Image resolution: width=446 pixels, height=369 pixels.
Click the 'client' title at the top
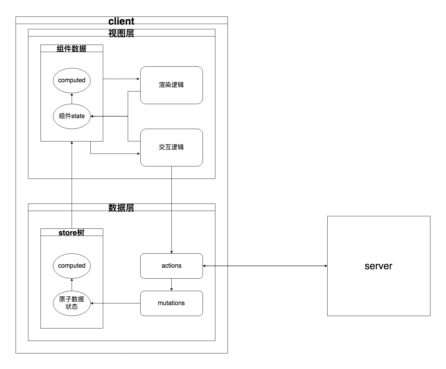[x=121, y=21]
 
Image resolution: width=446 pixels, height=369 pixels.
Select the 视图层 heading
[x=121, y=33]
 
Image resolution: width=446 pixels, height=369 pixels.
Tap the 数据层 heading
[x=121, y=208]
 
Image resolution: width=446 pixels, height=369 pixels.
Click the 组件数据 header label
[x=71, y=49]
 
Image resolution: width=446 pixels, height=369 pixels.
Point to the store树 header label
[x=71, y=232]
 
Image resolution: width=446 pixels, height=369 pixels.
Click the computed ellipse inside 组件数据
[x=72, y=80]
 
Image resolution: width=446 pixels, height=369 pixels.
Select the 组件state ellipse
[x=72, y=116]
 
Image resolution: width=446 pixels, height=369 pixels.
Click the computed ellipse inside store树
[x=72, y=266]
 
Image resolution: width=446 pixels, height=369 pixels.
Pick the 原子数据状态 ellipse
[x=72, y=303]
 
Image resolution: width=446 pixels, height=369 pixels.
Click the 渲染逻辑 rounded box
[x=171, y=85]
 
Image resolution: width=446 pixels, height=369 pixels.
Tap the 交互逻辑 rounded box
[x=171, y=147]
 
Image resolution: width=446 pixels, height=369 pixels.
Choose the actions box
[x=171, y=266]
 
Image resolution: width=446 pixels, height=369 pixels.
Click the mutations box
[x=171, y=303]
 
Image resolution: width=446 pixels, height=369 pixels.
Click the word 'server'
[x=378, y=266]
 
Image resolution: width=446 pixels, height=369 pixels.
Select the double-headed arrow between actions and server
[x=265, y=266]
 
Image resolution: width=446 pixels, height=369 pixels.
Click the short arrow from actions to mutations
[x=171, y=285]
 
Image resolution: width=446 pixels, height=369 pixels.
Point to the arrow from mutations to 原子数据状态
[x=115, y=303]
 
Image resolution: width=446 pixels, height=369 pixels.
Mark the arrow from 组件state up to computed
[x=72, y=98]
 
